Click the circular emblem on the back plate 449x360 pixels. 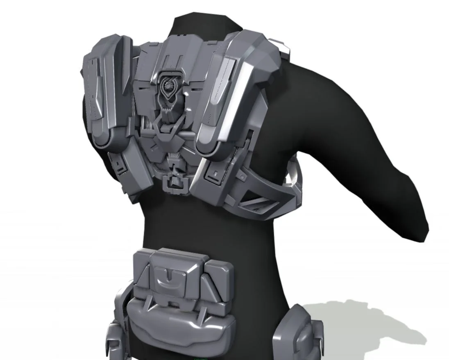pos(168,85)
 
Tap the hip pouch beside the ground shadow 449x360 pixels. pos(299,332)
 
